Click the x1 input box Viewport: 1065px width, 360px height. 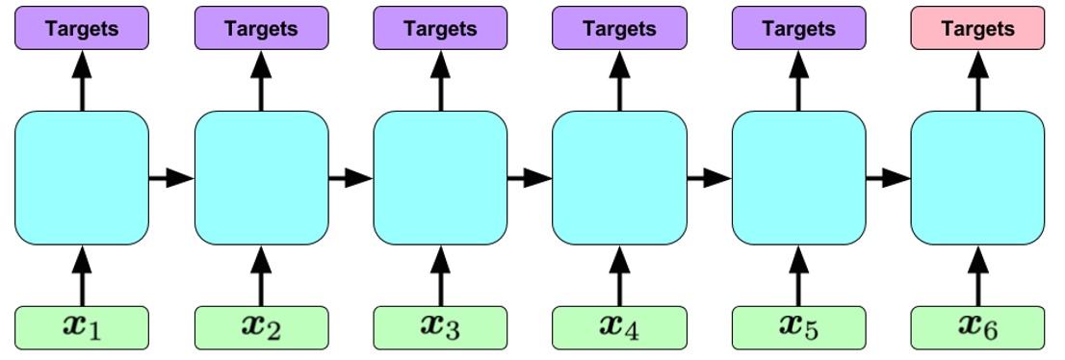point(82,327)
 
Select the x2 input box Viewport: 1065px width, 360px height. point(261,327)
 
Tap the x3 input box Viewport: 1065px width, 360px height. point(440,327)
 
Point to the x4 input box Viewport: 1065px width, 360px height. point(619,327)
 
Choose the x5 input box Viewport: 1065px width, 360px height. point(798,327)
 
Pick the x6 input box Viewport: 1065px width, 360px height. point(977,327)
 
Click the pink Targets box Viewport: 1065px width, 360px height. point(977,29)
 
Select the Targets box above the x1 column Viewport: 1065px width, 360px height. point(82,29)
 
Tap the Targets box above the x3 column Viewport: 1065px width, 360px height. point(440,29)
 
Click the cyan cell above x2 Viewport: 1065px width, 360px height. point(261,178)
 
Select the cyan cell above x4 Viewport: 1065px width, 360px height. point(619,178)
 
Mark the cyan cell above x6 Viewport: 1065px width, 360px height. point(977,178)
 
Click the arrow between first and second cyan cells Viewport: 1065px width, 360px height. point(171,178)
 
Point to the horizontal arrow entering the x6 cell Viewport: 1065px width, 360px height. point(888,178)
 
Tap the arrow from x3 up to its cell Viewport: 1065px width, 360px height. point(440,275)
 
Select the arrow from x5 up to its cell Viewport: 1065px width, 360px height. point(798,275)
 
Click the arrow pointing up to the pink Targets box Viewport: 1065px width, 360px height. point(977,81)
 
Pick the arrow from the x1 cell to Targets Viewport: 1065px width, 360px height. point(82,81)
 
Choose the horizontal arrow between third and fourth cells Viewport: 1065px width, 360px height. point(530,178)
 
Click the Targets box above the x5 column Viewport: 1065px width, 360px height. point(798,29)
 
